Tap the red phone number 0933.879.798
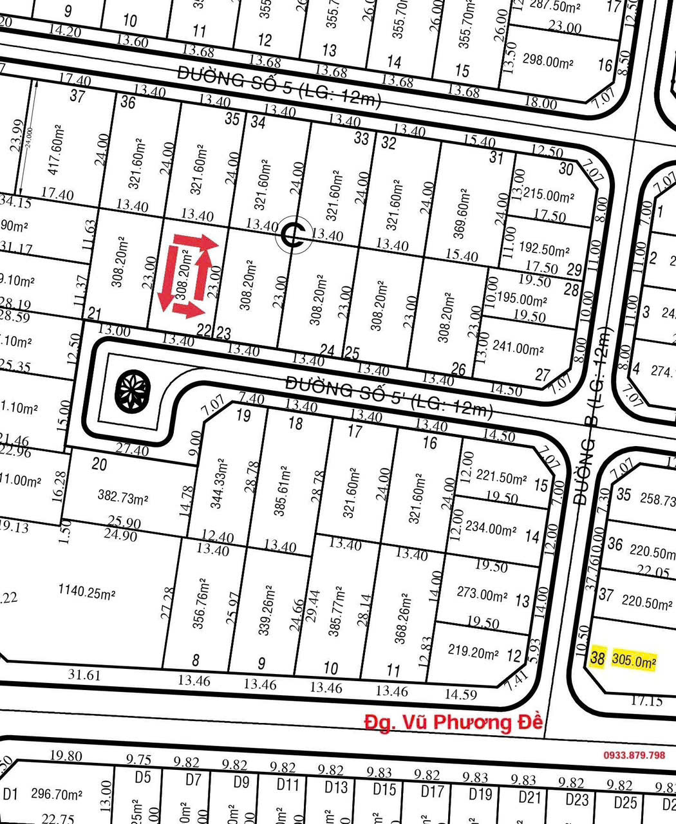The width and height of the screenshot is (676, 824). coord(634,754)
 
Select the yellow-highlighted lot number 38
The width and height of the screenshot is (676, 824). coord(597,657)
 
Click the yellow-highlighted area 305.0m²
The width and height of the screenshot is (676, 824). coord(634,660)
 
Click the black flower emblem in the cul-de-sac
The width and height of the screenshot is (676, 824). coord(133,390)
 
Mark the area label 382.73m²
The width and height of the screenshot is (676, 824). coord(123,498)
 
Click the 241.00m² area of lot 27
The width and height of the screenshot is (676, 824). coord(518,349)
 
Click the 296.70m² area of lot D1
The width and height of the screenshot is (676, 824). coord(57,794)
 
